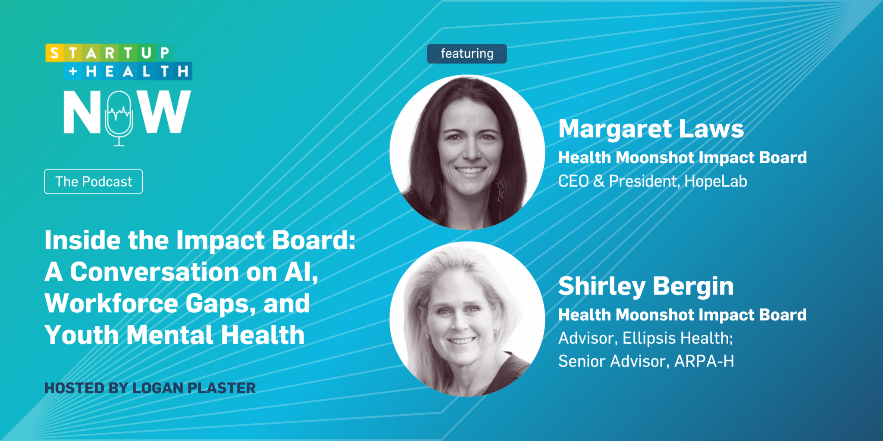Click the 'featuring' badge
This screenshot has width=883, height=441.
click(x=467, y=54)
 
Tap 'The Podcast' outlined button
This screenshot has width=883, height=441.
click(x=94, y=182)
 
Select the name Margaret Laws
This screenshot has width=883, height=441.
click(x=651, y=129)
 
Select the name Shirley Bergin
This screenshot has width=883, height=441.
click(x=646, y=286)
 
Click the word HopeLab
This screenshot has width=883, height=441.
click(x=716, y=181)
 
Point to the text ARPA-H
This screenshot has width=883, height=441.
click(x=704, y=361)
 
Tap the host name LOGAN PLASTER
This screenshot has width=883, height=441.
click(x=194, y=388)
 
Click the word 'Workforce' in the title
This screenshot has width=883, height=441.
click(x=111, y=303)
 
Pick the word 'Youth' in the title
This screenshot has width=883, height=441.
click(x=81, y=335)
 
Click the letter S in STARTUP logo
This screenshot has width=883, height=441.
click(x=54, y=53)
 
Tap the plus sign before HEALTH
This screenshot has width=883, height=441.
click(x=73, y=71)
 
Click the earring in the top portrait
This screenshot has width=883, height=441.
click(x=500, y=189)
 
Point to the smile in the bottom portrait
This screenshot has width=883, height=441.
click(x=461, y=341)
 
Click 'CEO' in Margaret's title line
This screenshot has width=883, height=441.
click(x=573, y=181)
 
